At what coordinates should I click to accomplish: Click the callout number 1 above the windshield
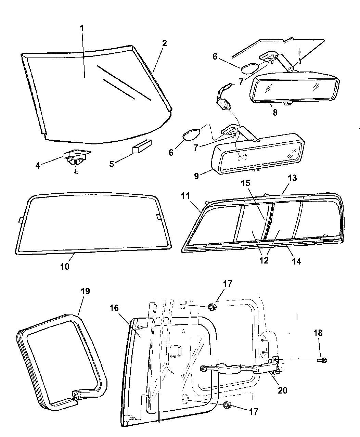tap(82, 28)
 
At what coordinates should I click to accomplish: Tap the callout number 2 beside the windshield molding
tap(165, 43)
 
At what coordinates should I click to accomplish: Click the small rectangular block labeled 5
tap(142, 146)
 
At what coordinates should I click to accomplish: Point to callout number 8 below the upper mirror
tap(275, 112)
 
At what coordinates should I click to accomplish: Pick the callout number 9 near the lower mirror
tap(196, 176)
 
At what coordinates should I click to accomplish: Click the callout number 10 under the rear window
tap(65, 267)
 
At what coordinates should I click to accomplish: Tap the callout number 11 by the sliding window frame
tap(185, 196)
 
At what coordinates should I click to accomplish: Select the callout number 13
tap(292, 178)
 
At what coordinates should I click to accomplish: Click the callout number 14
tap(296, 261)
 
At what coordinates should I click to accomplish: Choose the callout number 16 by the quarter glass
tap(114, 308)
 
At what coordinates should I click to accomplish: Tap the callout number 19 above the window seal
tap(85, 291)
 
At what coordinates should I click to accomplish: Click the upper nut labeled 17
tap(212, 307)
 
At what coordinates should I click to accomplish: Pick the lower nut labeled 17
tap(228, 406)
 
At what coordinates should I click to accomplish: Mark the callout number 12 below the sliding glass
tap(264, 260)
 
